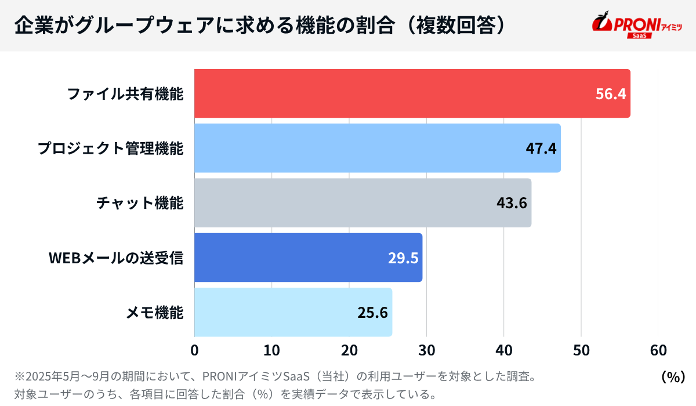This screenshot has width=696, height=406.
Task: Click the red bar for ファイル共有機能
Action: (394, 93)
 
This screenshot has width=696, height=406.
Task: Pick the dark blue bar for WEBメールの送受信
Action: (290, 258)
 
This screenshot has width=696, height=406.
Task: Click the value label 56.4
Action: (611, 94)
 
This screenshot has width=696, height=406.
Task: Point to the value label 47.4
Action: (541, 148)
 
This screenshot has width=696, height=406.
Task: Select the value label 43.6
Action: (512, 203)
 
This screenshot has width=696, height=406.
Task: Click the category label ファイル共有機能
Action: (125, 94)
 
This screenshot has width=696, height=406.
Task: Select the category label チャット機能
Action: (140, 203)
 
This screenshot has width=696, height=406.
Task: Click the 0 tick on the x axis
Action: (194, 350)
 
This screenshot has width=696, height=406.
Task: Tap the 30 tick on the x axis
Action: (426, 350)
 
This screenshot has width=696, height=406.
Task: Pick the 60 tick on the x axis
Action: (658, 350)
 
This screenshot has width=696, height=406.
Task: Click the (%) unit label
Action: (673, 376)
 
